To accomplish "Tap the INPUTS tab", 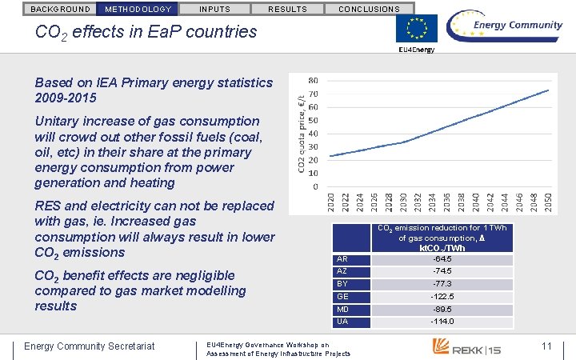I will (x=214, y=10).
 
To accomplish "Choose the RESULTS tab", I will (x=286, y=10).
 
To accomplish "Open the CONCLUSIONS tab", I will (x=369, y=10).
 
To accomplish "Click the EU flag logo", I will (x=417, y=30).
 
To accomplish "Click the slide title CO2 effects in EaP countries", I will (x=146, y=32).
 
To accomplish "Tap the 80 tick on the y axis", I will (x=313, y=81).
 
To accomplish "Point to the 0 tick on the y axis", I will (x=315, y=187).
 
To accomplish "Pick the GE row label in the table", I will (x=342, y=296).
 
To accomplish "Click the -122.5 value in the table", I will (x=442, y=296).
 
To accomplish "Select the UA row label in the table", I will (x=342, y=322).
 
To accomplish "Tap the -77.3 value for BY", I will (x=442, y=284).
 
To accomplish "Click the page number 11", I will (x=547, y=346).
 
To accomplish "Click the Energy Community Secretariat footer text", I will (x=90, y=346).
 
